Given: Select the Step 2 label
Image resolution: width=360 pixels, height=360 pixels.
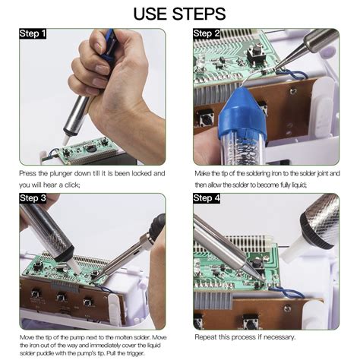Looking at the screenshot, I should click(x=207, y=33).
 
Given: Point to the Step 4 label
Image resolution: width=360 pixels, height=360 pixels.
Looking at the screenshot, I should click(x=207, y=198).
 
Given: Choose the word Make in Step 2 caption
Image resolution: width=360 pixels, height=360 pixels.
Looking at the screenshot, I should click(x=202, y=174).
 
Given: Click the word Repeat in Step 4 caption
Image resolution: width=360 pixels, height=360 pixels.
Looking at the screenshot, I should click(x=206, y=336).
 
